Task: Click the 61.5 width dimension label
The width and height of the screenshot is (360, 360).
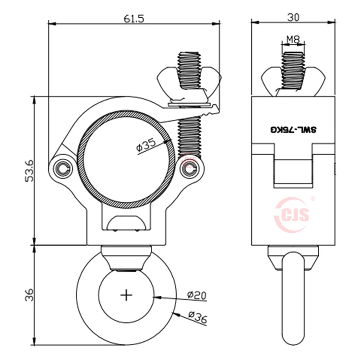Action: click(x=134, y=19)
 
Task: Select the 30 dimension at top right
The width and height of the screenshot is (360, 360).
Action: click(x=293, y=17)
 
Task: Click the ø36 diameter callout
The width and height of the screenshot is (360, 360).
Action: click(x=197, y=317)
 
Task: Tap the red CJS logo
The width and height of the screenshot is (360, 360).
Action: click(x=294, y=215)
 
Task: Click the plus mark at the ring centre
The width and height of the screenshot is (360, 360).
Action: click(x=127, y=295)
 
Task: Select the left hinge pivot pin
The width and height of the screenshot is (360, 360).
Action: click(x=61, y=168)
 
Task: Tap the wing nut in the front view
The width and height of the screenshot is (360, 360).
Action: click(x=190, y=82)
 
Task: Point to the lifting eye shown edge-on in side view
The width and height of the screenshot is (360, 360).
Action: click(x=293, y=298)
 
